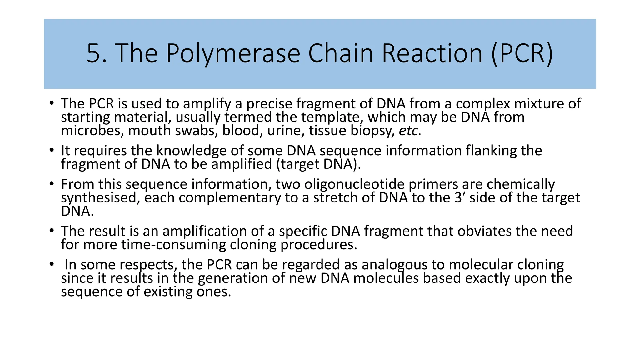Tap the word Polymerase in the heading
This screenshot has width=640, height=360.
tap(233, 54)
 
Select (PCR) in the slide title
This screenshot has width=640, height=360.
tap(522, 54)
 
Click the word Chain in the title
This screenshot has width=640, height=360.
tap(341, 54)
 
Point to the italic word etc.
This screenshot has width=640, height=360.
tap(410, 131)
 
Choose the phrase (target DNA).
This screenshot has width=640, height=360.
tap(318, 164)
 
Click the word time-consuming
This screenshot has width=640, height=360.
tap(173, 245)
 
